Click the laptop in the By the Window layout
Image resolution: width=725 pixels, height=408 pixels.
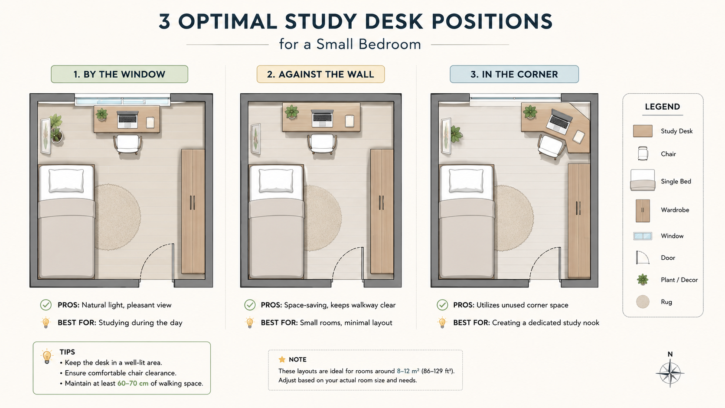coord(127,119)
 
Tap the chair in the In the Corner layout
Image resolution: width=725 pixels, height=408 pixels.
coord(551,147)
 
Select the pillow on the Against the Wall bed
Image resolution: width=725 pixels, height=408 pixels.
coord(276,180)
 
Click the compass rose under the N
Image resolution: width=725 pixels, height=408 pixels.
coord(670,373)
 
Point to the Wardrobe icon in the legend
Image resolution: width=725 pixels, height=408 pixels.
coord(643,211)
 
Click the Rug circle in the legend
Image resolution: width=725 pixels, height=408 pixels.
coord(643,301)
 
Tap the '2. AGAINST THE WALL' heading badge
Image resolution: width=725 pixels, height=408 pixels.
coord(320,74)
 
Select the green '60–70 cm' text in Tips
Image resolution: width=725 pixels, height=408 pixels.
coord(133,383)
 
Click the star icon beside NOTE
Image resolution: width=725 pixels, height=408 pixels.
coord(282,359)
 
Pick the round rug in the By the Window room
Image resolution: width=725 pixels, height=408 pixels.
coord(118,217)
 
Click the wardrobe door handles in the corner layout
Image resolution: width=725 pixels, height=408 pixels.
coord(578,208)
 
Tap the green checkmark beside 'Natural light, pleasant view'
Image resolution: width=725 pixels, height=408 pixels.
coord(46,305)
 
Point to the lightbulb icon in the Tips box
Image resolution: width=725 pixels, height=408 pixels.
coord(47,356)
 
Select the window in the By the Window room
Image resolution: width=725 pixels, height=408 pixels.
coord(123,101)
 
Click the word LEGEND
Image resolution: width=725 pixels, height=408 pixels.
coord(663,107)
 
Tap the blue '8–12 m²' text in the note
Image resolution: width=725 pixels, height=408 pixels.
coord(408,371)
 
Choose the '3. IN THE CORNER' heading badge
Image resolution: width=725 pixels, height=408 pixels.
coord(514,74)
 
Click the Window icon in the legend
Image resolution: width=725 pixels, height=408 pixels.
coord(643,236)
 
